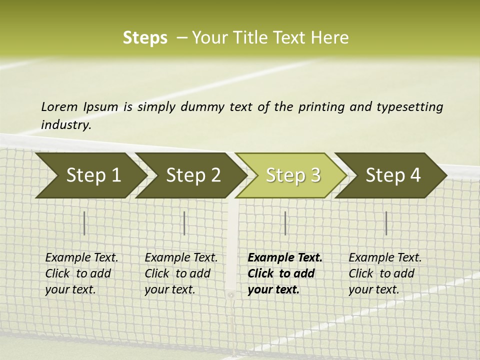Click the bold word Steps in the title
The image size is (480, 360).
145,38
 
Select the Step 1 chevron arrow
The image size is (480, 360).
90,175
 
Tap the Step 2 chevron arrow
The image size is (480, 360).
192,175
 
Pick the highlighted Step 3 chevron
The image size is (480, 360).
292,175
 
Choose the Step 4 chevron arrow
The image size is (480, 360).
392,175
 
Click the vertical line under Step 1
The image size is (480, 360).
84,223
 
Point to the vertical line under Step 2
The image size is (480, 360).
184,223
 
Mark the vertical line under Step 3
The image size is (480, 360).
285,223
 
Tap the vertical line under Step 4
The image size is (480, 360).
386,223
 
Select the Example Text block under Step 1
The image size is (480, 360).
81,273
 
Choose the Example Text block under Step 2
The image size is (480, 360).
181,273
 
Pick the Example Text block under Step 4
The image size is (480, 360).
385,273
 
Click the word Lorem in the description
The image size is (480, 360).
59,107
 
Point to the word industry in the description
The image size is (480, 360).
66,125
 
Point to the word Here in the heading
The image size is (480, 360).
330,38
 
